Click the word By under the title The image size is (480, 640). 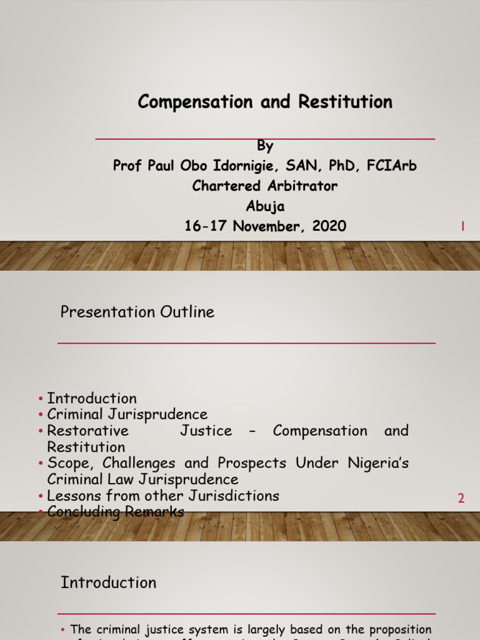(266, 146)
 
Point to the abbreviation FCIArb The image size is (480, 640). (390, 166)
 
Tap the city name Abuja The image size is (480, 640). (266, 206)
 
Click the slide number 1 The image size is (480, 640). (462, 227)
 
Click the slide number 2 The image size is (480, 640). (461, 498)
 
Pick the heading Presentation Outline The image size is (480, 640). (137, 312)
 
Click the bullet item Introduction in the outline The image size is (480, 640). (92, 398)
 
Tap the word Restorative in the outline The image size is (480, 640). (88, 431)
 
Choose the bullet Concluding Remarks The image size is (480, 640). (116, 512)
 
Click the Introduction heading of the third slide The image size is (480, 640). (108, 582)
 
